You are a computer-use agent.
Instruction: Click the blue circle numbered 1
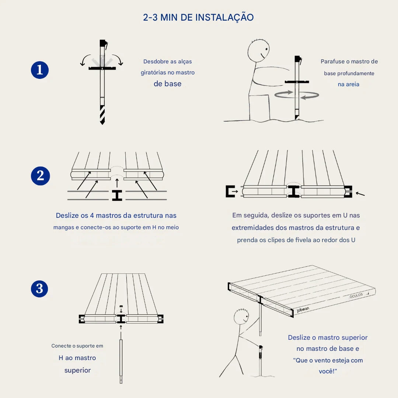(40, 70)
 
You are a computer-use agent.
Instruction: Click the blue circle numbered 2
(40, 176)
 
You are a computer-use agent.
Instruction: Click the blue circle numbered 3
(40, 289)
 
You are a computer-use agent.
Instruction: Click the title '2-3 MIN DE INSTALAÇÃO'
(198, 17)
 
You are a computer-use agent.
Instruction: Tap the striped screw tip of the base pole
(102, 115)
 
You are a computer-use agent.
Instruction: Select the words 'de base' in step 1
(167, 84)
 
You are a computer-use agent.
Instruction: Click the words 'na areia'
(348, 84)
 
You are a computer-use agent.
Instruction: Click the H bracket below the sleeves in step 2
(117, 195)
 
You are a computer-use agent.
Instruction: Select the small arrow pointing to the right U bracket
(360, 193)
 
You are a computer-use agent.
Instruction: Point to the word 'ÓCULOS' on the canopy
(356, 295)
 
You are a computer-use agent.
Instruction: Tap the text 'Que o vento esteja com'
(328, 360)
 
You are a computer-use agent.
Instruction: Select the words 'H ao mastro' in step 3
(77, 358)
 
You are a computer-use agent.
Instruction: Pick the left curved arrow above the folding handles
(85, 60)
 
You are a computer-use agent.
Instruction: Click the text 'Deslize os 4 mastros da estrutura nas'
(116, 215)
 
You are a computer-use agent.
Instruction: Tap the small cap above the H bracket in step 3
(121, 307)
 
